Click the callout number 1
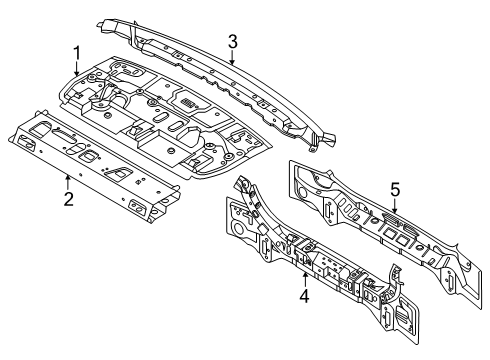click(77, 54)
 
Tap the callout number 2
click(68, 199)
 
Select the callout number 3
click(233, 42)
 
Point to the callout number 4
click(304, 296)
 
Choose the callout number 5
click(395, 190)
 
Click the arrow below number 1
click(77, 69)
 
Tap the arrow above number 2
click(68, 183)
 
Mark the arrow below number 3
click(232, 57)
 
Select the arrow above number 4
click(305, 280)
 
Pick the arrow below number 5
click(395, 206)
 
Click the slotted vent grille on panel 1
click(188, 102)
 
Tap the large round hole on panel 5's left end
click(303, 192)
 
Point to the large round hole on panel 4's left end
click(239, 229)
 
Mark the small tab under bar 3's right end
click(312, 149)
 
